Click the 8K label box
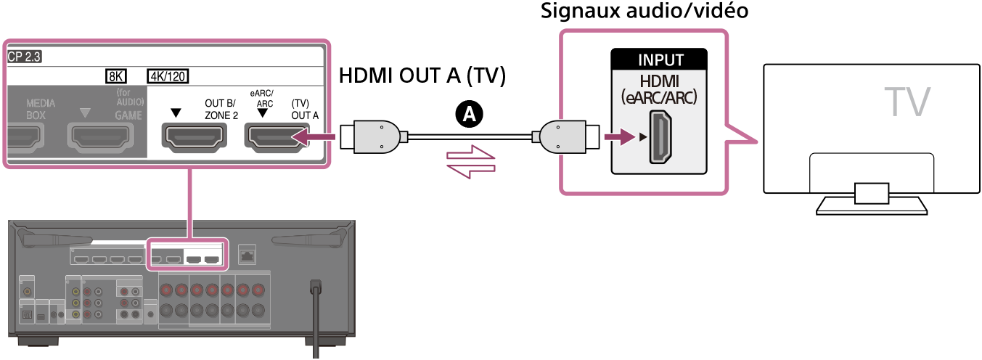pos(116,75)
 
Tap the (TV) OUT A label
pos(300,109)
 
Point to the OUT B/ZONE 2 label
pos(221,109)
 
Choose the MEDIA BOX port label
pos(41,109)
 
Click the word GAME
pos(128,115)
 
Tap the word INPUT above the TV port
pos(660,60)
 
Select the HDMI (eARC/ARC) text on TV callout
pos(660,88)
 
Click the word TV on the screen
pos(907,101)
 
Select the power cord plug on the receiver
pos(316,286)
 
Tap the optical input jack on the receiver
pos(27,314)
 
